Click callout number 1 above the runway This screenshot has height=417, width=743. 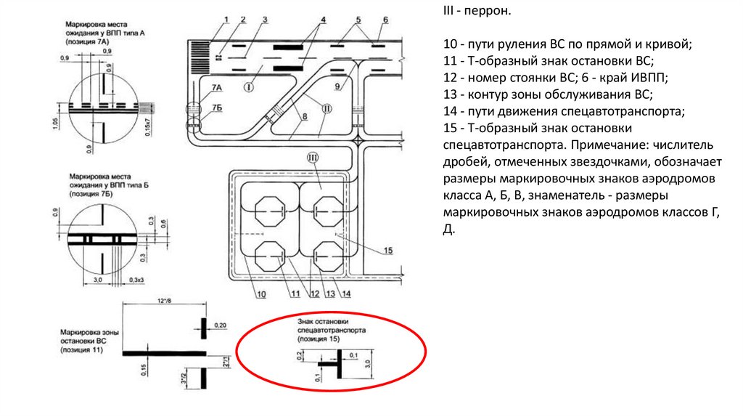click(226, 19)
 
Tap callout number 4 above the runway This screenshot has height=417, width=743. click(323, 19)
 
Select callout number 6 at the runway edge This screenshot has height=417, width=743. click(385, 19)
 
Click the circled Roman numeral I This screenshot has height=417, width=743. click(248, 88)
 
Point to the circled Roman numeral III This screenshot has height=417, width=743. click(313, 158)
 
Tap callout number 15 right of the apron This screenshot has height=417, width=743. click(387, 251)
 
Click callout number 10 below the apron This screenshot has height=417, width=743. click(260, 294)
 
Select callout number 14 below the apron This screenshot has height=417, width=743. click(347, 294)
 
